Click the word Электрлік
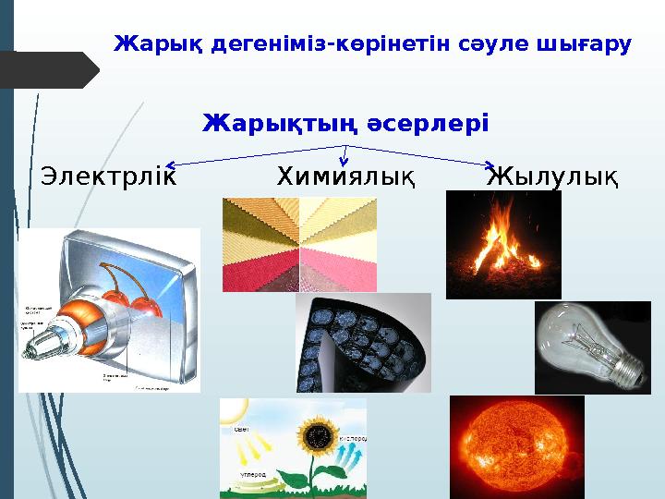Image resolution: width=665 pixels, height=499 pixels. (x=108, y=176)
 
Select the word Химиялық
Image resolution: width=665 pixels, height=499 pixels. (x=345, y=176)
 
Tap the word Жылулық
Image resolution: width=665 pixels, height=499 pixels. (x=552, y=176)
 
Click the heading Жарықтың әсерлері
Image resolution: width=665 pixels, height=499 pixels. (x=345, y=123)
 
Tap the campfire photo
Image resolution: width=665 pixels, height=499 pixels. (x=502, y=244)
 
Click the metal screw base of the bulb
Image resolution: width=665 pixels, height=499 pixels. (x=627, y=370)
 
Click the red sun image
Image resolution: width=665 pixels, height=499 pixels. (x=516, y=449)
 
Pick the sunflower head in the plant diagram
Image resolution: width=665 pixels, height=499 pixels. (x=320, y=433)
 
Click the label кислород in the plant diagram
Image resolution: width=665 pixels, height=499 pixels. (x=353, y=437)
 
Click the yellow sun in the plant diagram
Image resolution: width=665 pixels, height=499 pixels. (x=230, y=409)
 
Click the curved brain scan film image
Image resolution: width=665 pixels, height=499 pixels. (x=362, y=342)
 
